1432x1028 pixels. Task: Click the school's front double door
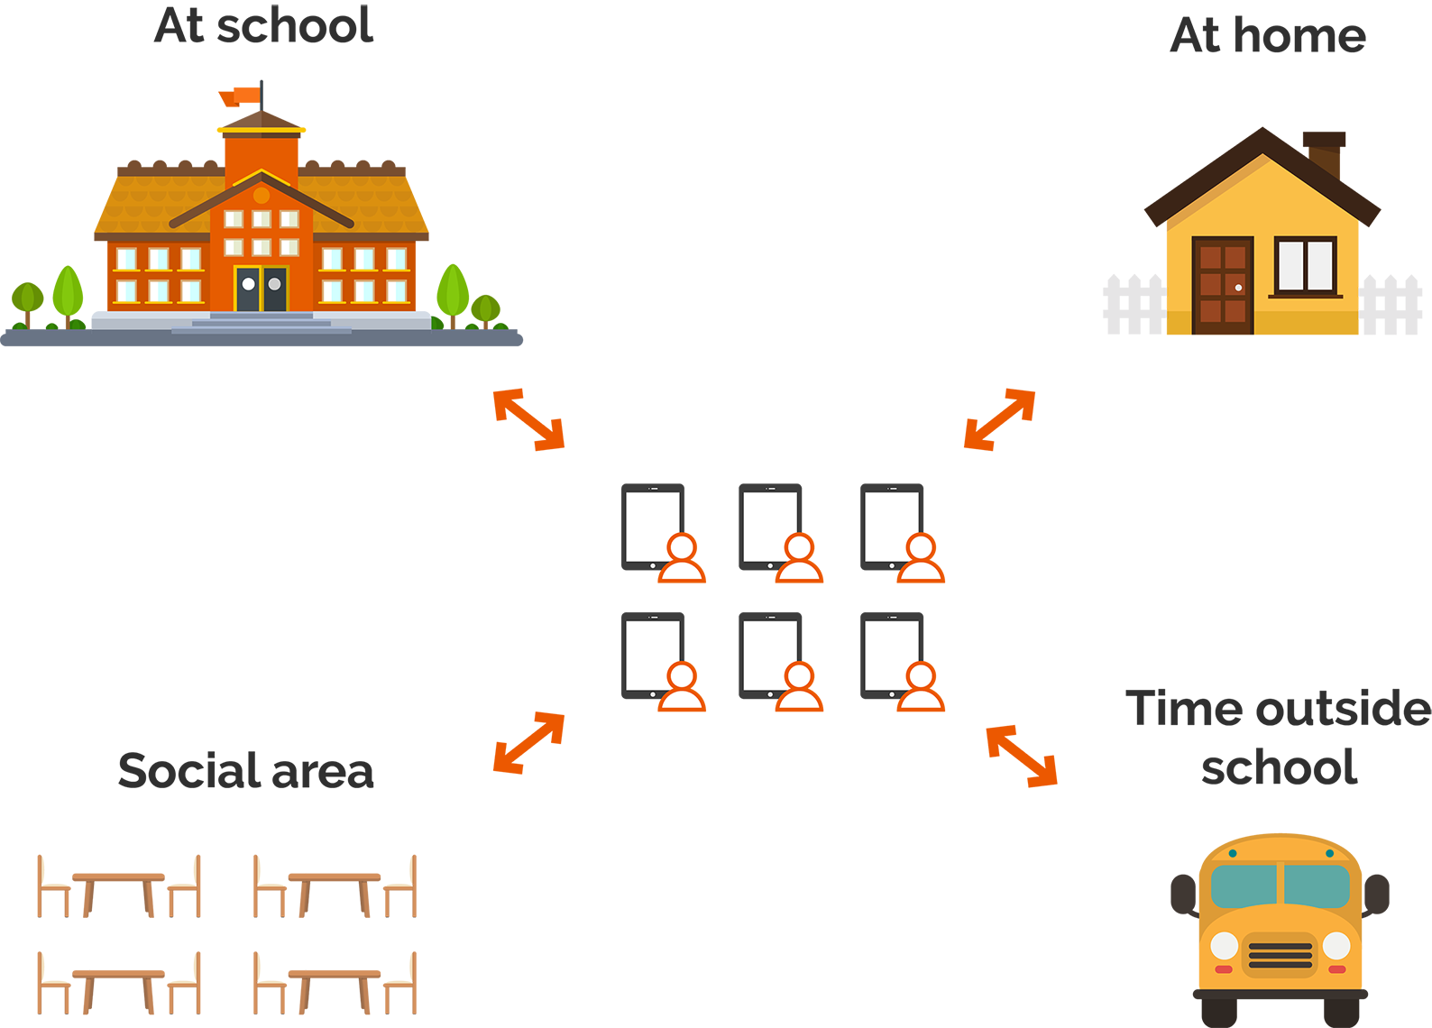(262, 289)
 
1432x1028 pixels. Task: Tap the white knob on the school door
(248, 284)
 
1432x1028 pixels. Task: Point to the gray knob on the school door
(274, 284)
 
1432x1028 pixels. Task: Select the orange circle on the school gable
(262, 195)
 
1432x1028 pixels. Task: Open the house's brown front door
(1223, 280)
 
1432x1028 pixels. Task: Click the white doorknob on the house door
(1238, 288)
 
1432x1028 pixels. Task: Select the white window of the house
(1306, 264)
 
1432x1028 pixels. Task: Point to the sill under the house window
(1306, 295)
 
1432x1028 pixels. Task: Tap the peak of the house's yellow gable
(1262, 161)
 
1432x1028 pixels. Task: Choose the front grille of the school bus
(1280, 955)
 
